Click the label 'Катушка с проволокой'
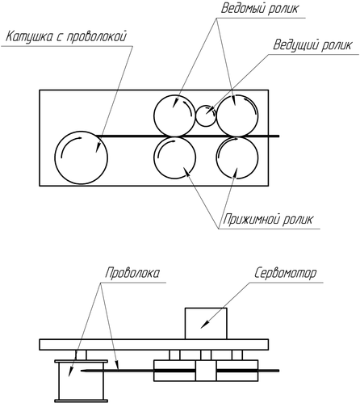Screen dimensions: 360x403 click(66, 36)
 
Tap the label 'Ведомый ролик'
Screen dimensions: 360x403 click(260, 8)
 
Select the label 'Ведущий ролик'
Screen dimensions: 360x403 click(312, 45)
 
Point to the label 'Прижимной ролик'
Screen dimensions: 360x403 click(268, 219)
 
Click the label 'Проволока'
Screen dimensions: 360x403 click(132, 273)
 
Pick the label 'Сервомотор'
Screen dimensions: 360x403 click(285, 273)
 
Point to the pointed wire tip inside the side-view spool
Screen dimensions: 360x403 click(82, 371)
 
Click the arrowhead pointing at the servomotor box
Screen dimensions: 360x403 click(204, 324)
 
